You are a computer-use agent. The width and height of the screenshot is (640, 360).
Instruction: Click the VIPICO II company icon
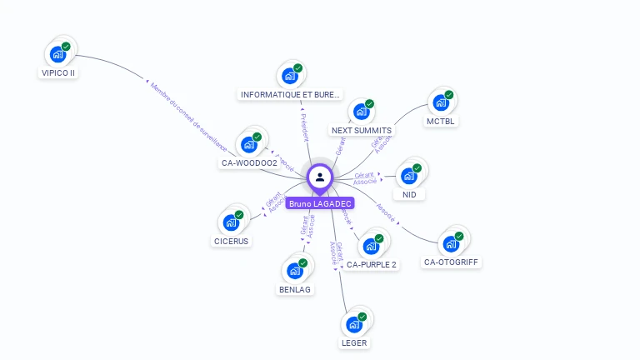pyautogui.click(x=57, y=54)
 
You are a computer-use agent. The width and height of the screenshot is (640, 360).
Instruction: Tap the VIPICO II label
pyautogui.click(x=58, y=72)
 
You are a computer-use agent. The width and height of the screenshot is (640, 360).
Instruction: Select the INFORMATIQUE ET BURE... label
pyautogui.click(x=290, y=95)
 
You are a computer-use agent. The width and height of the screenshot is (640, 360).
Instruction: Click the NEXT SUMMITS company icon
pyautogui.click(x=361, y=112)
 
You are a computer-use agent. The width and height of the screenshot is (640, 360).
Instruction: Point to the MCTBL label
pyautogui.click(x=442, y=121)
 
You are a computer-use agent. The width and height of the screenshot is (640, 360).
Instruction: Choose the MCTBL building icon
pyautogui.click(x=440, y=103)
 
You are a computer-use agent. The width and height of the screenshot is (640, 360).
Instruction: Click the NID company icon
pyautogui.click(x=408, y=176)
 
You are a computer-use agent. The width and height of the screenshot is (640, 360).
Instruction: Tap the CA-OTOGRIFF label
pyautogui.click(x=452, y=262)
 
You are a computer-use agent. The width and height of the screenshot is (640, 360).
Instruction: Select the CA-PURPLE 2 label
pyautogui.click(x=372, y=264)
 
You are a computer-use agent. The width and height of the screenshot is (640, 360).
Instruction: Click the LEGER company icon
pyautogui.click(x=353, y=324)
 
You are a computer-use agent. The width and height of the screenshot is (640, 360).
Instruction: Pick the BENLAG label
pyautogui.click(x=295, y=289)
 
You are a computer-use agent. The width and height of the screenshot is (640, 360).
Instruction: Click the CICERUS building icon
pyautogui.click(x=231, y=223)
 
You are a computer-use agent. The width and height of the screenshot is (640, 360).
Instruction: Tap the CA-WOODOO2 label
pyautogui.click(x=249, y=162)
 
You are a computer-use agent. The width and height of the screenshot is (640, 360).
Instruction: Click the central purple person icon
pyautogui.click(x=320, y=177)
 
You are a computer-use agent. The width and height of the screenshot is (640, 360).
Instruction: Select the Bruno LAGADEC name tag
pyautogui.click(x=320, y=203)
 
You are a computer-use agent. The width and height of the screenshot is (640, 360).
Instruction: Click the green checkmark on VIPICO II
pyautogui.click(x=67, y=46)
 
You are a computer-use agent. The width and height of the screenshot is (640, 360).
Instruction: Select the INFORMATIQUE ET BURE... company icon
pyautogui.click(x=289, y=77)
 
